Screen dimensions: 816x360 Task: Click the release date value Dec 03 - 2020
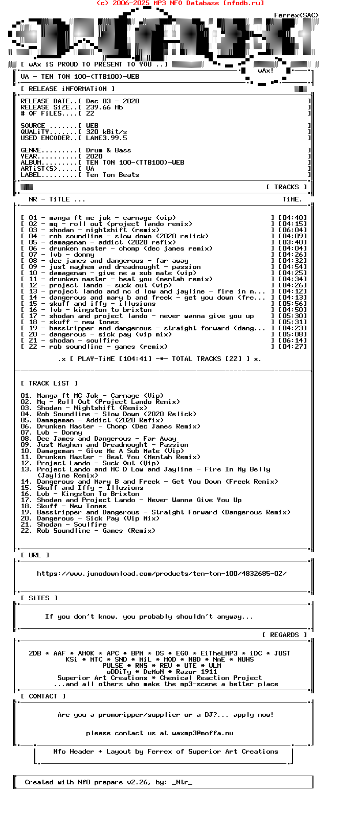click(x=112, y=101)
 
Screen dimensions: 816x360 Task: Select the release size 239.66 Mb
click(x=104, y=107)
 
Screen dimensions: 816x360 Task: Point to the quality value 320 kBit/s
click(x=106, y=132)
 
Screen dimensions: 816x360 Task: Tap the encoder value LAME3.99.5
click(x=106, y=138)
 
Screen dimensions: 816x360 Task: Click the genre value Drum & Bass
click(x=108, y=150)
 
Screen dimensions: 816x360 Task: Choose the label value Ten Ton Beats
click(x=112, y=175)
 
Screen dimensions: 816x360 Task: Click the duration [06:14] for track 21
click(x=292, y=341)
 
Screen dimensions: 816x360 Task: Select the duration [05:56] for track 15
click(x=292, y=304)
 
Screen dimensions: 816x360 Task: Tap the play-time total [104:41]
click(x=135, y=359)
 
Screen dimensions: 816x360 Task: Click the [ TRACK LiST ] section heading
click(x=49, y=383)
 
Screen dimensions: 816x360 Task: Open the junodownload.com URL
click(x=162, y=574)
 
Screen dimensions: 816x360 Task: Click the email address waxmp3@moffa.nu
click(x=202, y=733)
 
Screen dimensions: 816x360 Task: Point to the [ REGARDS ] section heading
click(x=284, y=635)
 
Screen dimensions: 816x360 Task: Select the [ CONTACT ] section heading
click(x=43, y=696)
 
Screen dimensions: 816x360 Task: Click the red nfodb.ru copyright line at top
click(x=180, y=3)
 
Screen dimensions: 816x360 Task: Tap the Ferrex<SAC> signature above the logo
click(x=296, y=15)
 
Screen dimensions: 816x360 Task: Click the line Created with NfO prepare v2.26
click(x=108, y=782)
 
